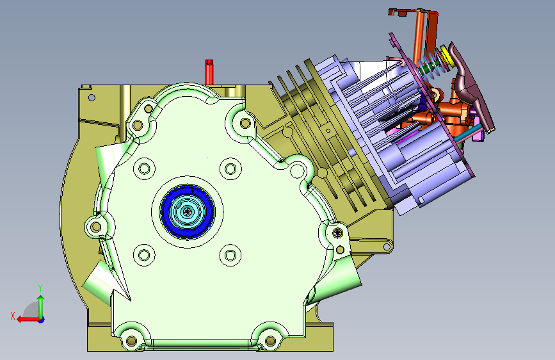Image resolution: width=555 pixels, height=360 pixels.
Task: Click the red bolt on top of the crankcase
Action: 209,72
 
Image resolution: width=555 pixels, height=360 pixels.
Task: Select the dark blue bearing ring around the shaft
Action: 188,211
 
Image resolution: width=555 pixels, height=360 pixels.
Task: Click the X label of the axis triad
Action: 13,316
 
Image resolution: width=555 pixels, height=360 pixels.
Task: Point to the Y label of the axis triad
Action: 40,288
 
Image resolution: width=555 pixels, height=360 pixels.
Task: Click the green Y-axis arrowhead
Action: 41,299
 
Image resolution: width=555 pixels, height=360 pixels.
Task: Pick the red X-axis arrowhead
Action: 20,320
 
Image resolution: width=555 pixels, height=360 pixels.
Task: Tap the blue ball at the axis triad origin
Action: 41,320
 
